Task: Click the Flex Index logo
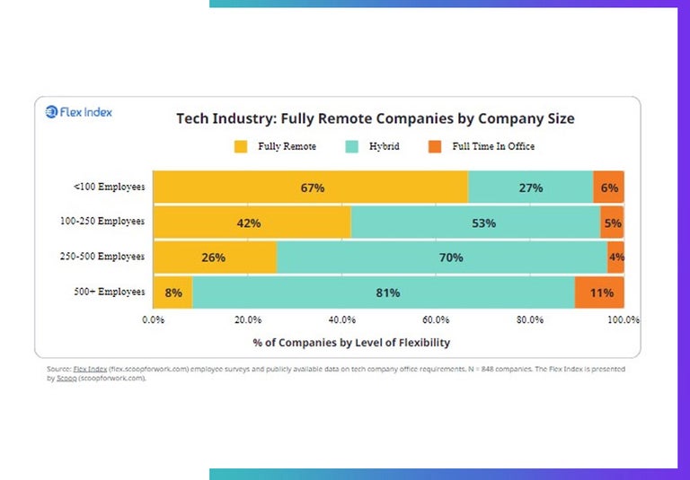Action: tap(79, 113)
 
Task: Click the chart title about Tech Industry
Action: tap(375, 118)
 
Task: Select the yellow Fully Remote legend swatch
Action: tap(240, 146)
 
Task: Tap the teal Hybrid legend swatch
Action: tap(350, 146)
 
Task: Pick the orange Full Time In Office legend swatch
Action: tap(435, 146)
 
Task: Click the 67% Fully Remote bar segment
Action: tap(311, 188)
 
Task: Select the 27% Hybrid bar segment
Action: tap(530, 188)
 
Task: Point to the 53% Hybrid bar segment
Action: tap(475, 223)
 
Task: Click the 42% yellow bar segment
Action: tap(252, 223)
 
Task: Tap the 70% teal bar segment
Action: tap(441, 257)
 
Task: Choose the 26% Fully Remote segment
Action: tap(214, 257)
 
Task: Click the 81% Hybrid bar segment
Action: tap(384, 292)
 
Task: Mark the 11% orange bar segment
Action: tap(599, 292)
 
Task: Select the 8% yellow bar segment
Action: tap(172, 292)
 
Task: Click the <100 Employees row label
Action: tap(109, 188)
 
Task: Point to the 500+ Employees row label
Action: tap(109, 292)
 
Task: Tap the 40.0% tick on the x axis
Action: tap(341, 319)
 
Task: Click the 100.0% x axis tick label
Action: tap(623, 319)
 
